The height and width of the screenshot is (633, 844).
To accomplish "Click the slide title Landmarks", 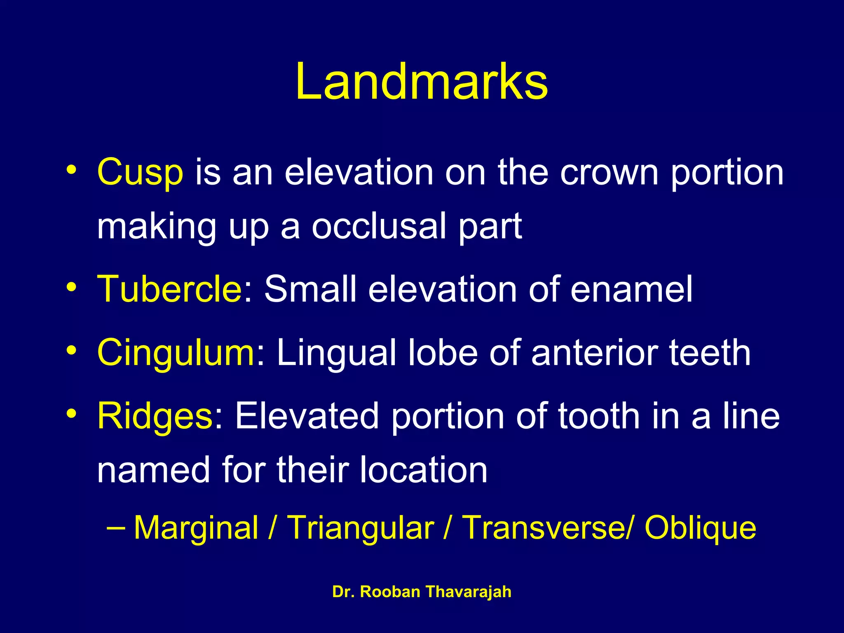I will point(422,82).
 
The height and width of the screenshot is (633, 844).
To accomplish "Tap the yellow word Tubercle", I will point(169,289).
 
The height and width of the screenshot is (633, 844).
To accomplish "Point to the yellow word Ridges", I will point(155,417).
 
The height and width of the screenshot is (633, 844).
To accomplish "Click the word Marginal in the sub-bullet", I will point(196,528).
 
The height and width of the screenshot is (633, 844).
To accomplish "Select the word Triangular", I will point(360,528).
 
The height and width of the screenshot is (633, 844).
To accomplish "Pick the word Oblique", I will point(700,528).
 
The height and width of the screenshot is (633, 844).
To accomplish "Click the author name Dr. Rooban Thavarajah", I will point(422,592).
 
